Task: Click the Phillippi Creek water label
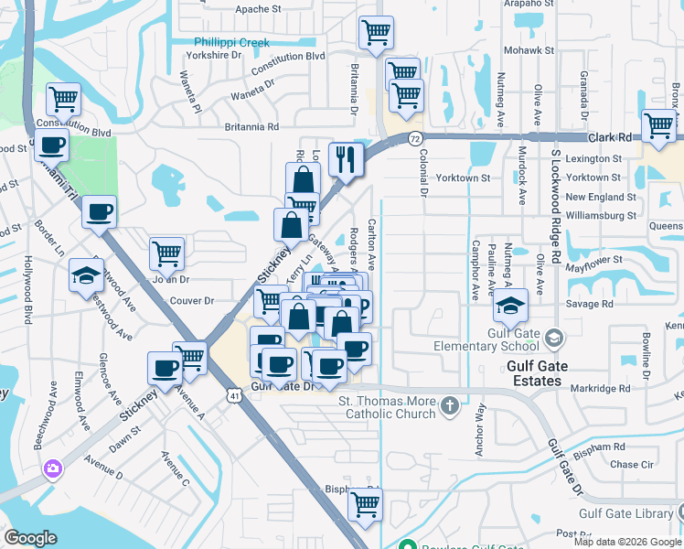pyautogui.click(x=230, y=43)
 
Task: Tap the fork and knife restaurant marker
pyautogui.click(x=347, y=159)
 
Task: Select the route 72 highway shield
pyautogui.click(x=416, y=138)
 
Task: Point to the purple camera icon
pyautogui.click(x=53, y=468)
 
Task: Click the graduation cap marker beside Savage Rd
pyautogui.click(x=512, y=305)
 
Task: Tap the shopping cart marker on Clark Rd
pyautogui.click(x=658, y=126)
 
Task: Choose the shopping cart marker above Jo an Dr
pyautogui.click(x=166, y=253)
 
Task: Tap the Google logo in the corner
pyautogui.click(x=30, y=537)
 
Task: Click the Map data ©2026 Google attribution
pyautogui.click(x=627, y=542)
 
